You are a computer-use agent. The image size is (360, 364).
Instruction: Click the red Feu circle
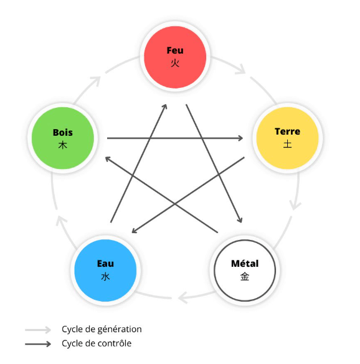(x=175, y=57)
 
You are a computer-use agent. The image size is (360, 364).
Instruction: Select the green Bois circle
(x=63, y=138)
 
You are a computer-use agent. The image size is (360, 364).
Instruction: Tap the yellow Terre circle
(x=287, y=138)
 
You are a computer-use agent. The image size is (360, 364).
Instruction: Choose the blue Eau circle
(x=105, y=271)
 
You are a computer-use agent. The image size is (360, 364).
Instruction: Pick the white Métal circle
(x=245, y=271)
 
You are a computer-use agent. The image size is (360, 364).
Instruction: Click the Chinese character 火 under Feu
(x=175, y=63)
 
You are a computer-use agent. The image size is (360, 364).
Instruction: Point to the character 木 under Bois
(x=63, y=145)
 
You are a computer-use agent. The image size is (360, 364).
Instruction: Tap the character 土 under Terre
(x=287, y=144)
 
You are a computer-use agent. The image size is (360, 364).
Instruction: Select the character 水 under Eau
(x=105, y=277)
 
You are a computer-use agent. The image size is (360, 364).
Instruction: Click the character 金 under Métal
(x=245, y=277)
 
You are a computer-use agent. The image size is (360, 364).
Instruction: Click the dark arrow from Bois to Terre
(x=175, y=138)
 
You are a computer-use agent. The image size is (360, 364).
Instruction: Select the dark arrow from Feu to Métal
(x=214, y=163)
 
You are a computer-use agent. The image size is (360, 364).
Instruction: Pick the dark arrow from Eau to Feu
(x=139, y=163)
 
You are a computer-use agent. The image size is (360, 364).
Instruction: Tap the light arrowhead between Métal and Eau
(x=183, y=297)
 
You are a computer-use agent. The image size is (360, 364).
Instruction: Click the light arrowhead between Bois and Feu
(x=96, y=81)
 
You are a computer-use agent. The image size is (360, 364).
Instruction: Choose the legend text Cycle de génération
(x=102, y=329)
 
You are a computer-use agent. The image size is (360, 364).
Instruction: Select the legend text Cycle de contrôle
(x=97, y=343)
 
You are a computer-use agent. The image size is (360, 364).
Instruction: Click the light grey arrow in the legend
(x=38, y=330)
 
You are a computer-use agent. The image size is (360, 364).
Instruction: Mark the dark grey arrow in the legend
(x=38, y=344)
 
